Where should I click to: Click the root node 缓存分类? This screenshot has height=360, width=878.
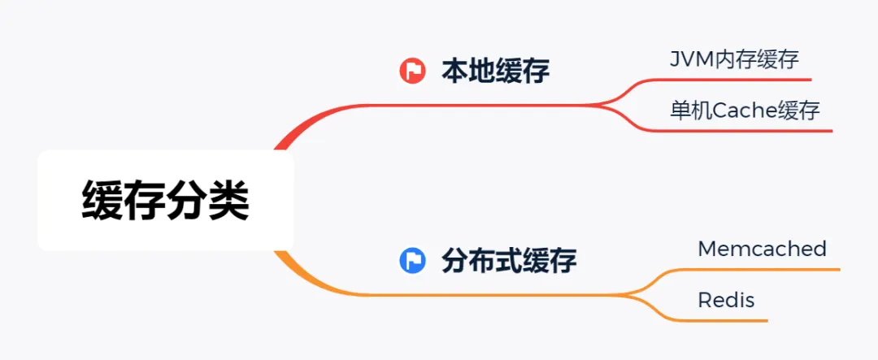coord(165,200)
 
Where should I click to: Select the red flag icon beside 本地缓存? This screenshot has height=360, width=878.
coord(412,72)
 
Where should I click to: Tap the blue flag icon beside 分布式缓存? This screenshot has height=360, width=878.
coord(412,261)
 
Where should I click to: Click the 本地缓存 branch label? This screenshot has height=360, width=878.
coord(495,72)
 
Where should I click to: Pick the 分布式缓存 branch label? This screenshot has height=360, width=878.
coord(509,261)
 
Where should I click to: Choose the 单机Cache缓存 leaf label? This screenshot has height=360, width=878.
coord(745,110)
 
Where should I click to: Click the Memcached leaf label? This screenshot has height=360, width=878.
coord(762,249)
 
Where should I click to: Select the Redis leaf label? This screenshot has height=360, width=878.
coord(726,300)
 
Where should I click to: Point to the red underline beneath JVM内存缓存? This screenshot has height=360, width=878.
coord(732,80)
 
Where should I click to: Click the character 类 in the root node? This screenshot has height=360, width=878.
coord(229,200)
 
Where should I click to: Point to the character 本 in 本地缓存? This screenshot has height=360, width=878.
coord(454,72)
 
